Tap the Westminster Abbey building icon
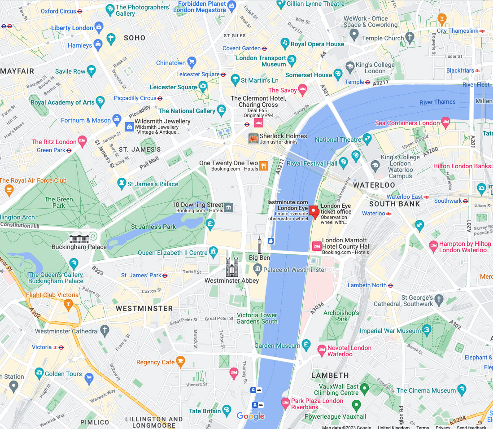pyautogui.click(x=232, y=267)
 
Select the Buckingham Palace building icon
pyautogui.click(x=79, y=238)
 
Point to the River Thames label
pyautogui.click(x=437, y=102)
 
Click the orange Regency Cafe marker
pyautogui.click(x=180, y=361)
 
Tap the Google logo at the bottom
pyautogui.click(x=251, y=416)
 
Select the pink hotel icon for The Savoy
pyautogui.click(x=303, y=90)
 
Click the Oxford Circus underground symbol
pyautogui.click(x=80, y=11)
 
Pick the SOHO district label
pyautogui.click(x=135, y=38)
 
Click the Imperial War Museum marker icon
pyautogui.click(x=427, y=331)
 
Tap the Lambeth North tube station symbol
pyautogui.click(x=390, y=285)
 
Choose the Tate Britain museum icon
pyautogui.click(x=227, y=411)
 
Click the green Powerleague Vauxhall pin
pyautogui.click(x=356, y=405)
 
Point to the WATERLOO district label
pyautogui.click(x=374, y=185)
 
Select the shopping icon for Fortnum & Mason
pyautogui.click(x=117, y=120)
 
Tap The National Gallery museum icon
pyautogui.click(x=221, y=110)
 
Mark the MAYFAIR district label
pyautogui.click(x=17, y=71)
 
